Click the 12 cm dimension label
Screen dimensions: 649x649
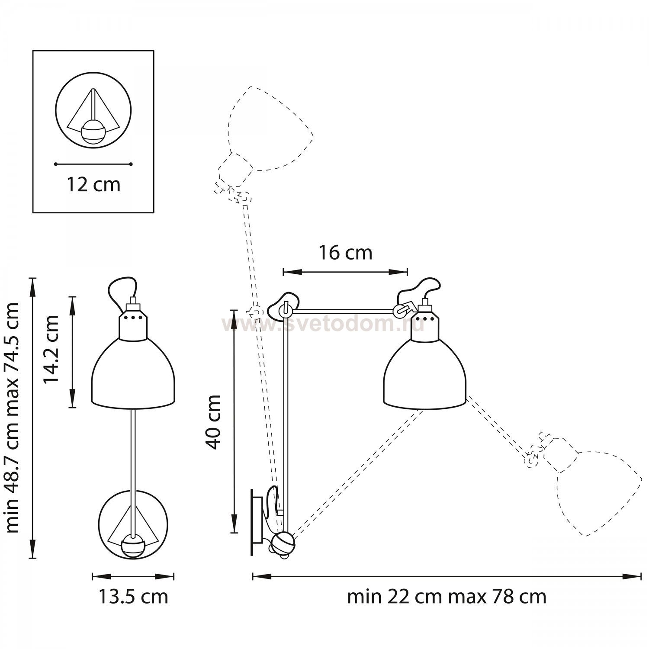93,185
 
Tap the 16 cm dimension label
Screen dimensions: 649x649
345,253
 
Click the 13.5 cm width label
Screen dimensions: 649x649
133,597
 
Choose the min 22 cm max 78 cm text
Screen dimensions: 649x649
447,597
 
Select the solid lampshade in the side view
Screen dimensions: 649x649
424,373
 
